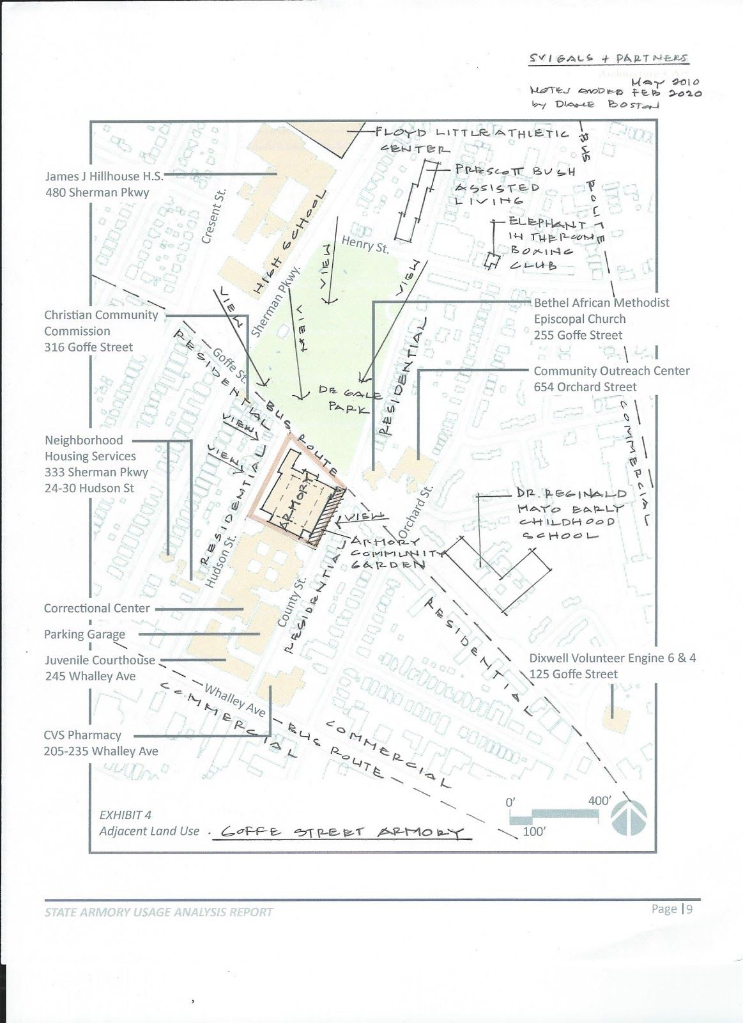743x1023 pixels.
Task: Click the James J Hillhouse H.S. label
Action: click(x=103, y=184)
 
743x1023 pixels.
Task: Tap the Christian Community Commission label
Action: click(x=101, y=331)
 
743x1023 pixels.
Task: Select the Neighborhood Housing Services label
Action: click(x=96, y=464)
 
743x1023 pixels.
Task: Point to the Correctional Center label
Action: click(x=96, y=608)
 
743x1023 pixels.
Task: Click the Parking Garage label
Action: click(x=84, y=634)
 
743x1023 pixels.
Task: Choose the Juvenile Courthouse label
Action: click(x=100, y=668)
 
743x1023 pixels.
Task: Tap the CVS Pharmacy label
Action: click(x=101, y=743)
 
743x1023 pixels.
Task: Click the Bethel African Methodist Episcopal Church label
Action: click(x=601, y=318)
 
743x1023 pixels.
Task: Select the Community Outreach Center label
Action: click(x=611, y=379)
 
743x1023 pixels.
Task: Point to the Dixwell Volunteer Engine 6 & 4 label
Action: click(x=612, y=666)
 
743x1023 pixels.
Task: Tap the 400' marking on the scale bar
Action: click(x=600, y=800)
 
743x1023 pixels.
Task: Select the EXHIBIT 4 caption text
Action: click(x=125, y=815)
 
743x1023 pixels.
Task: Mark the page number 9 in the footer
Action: click(x=690, y=909)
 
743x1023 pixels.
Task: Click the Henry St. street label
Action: click(x=365, y=244)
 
